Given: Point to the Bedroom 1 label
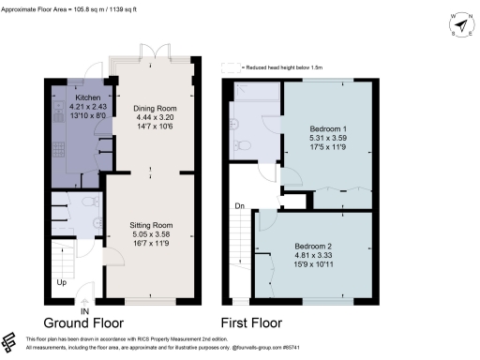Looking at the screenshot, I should coord(328,127).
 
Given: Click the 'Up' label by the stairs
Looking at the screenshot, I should coord(62,281).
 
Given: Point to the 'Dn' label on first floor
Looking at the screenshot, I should coord(240,205).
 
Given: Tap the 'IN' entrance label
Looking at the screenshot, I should coord(84,311).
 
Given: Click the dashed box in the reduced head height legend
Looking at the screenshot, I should coord(227,67).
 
